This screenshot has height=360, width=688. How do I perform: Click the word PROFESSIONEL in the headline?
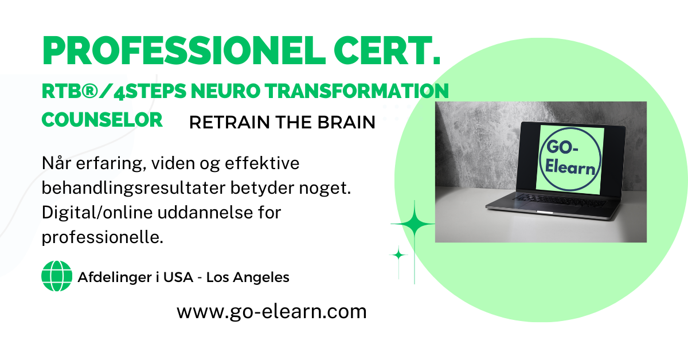click(183, 50)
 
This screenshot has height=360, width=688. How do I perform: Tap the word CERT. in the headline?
click(387, 50)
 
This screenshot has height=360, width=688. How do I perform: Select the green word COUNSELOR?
click(102, 120)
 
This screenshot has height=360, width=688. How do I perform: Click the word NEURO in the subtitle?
click(225, 91)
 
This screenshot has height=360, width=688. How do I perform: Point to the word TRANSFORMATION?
click(357, 91)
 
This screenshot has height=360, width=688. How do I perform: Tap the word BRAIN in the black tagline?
click(346, 122)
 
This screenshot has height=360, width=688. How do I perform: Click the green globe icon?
click(57, 276)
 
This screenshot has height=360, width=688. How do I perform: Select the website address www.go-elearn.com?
click(272, 312)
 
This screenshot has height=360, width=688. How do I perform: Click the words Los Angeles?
click(248, 277)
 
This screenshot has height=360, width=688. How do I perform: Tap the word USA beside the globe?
click(178, 277)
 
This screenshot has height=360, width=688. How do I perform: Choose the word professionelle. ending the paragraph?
click(102, 237)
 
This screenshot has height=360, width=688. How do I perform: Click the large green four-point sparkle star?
click(414, 224)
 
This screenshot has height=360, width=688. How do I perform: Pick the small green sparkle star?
click(398, 255)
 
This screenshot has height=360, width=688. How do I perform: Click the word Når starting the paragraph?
click(57, 163)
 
